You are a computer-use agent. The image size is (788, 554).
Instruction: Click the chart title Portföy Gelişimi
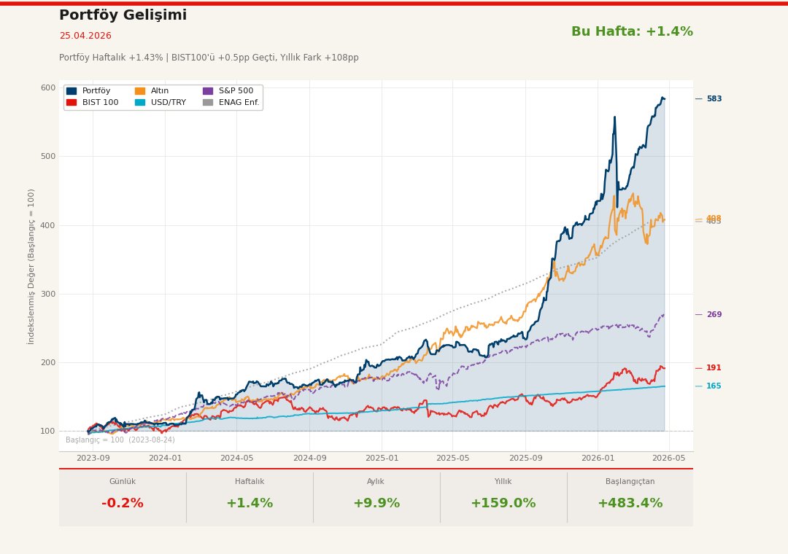point(123,15)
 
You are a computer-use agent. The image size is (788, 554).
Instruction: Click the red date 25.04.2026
point(85,36)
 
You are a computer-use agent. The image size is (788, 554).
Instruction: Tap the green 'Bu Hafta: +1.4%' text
point(632,32)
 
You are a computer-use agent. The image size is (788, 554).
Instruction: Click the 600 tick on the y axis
point(48,87)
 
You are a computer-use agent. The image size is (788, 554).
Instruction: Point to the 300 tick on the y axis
point(48,294)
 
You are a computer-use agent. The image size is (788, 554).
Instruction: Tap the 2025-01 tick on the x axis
point(382,458)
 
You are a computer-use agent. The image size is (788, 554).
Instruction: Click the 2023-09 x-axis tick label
point(93,458)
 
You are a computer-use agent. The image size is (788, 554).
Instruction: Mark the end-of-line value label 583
point(714,99)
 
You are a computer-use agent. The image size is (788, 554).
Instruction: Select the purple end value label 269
point(714,315)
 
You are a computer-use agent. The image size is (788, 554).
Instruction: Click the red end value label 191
point(714,368)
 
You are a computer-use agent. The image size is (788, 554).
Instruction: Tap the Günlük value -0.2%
point(123,504)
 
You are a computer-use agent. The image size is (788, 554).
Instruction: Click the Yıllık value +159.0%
point(503,504)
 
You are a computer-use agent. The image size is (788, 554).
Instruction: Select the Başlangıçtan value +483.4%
point(630,504)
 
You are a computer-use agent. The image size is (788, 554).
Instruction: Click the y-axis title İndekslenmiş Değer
point(31,266)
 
